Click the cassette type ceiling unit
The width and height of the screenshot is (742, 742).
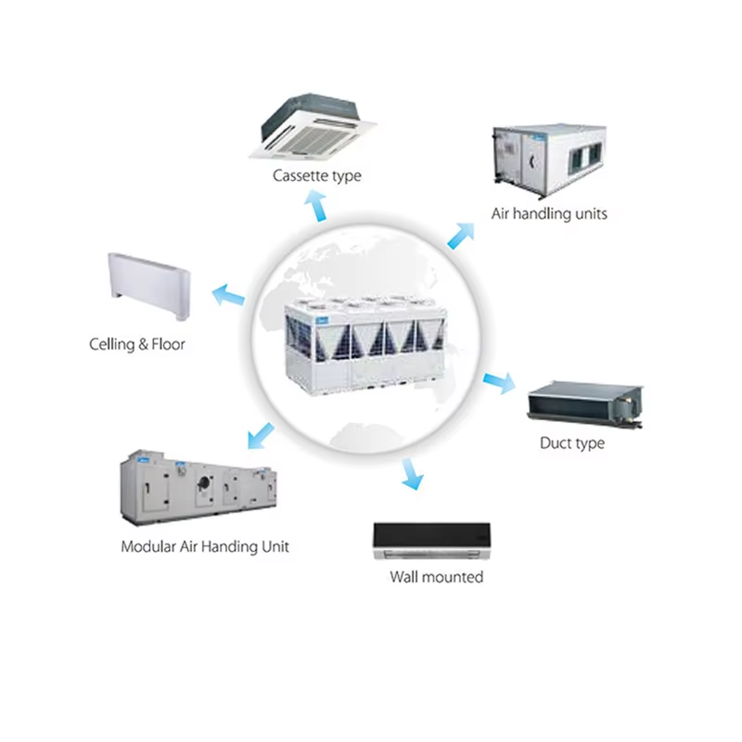click(314, 125)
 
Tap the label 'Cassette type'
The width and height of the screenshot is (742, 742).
click(316, 175)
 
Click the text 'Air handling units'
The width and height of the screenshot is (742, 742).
click(549, 213)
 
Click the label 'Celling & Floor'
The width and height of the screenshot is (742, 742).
click(137, 344)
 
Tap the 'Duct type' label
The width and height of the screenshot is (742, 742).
click(571, 443)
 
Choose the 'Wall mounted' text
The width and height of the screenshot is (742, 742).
click(436, 577)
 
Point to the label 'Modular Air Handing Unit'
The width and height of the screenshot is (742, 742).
click(205, 546)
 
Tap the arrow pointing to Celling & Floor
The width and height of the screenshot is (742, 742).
click(228, 298)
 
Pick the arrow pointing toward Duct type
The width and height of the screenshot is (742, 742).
click(499, 381)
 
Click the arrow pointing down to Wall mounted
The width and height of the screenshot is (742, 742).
click(412, 474)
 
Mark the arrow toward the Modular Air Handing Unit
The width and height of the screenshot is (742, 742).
click(262, 432)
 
